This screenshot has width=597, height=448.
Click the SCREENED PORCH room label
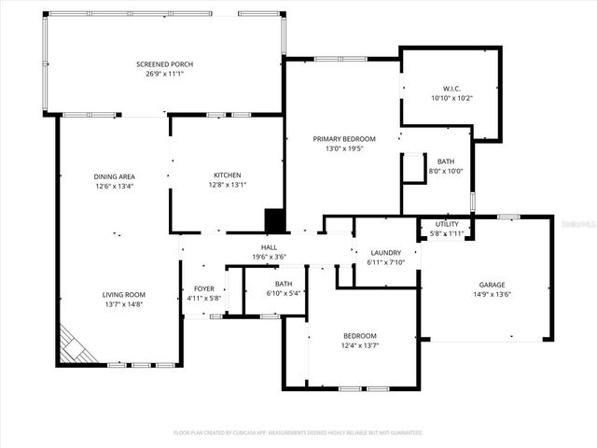point(165,63)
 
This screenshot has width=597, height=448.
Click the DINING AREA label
point(115,176)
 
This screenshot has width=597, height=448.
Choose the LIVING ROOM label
point(124,294)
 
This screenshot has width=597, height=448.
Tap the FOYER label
point(204,288)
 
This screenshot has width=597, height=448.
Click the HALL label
point(268,247)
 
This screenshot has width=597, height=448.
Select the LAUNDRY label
point(385,252)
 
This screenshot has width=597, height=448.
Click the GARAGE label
point(492,286)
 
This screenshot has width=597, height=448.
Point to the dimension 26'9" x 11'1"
point(165,74)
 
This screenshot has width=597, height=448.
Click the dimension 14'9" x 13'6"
point(492,296)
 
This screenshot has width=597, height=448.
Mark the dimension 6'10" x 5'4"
point(285,294)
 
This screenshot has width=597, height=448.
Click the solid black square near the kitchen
point(274,220)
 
